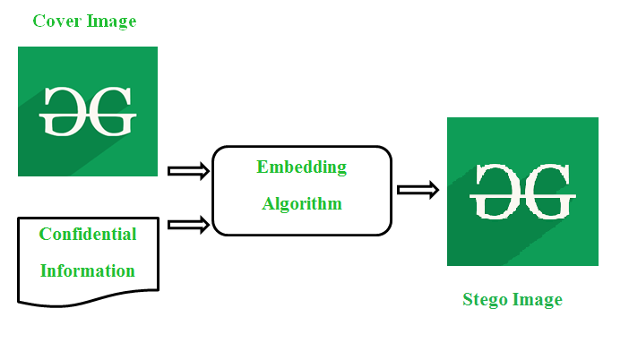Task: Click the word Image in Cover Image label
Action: click(x=110, y=21)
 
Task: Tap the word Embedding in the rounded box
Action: click(x=301, y=167)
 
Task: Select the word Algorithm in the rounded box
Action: click(x=301, y=204)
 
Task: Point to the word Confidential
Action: click(x=88, y=235)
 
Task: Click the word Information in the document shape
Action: click(x=88, y=270)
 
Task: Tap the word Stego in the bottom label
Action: click(x=485, y=300)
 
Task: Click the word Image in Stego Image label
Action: click(x=537, y=300)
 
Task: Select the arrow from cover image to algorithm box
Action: click(x=187, y=171)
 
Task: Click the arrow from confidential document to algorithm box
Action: click(x=187, y=225)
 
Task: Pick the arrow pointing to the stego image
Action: click(x=418, y=189)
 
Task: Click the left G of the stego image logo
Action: click(x=496, y=191)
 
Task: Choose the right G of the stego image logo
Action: click(x=548, y=191)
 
